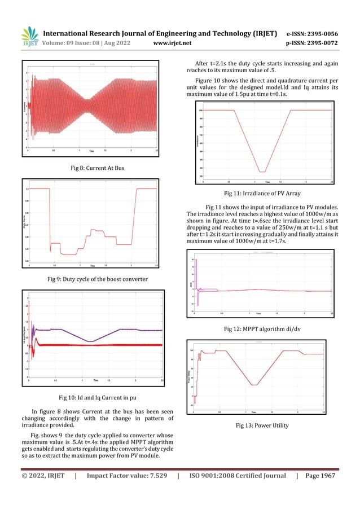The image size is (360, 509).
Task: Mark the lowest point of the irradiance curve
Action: pyautogui.click(x=262, y=172)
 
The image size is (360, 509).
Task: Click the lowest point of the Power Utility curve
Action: pyautogui.click(x=254, y=385)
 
